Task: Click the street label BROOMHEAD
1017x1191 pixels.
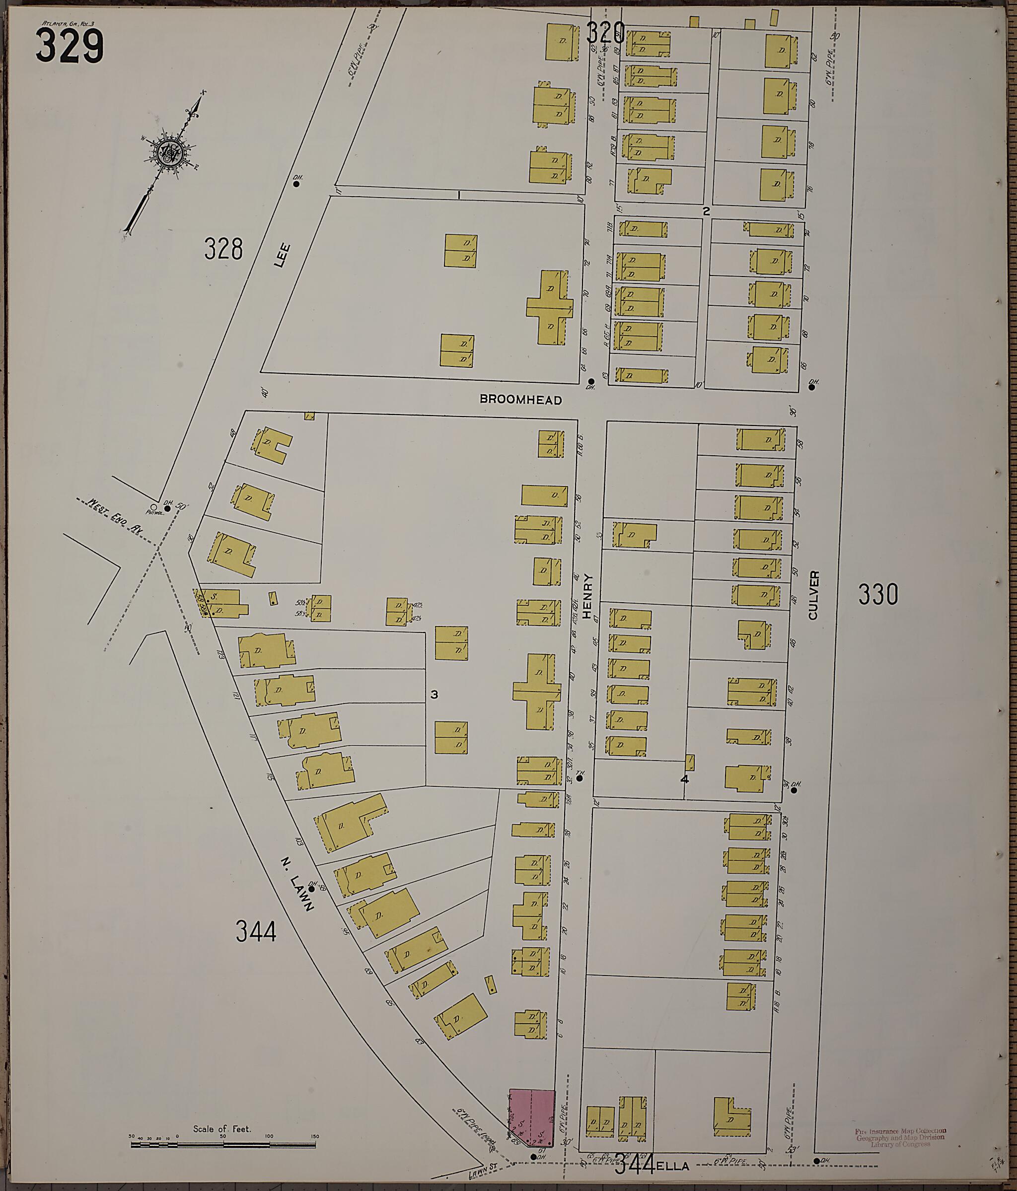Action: [x=520, y=400]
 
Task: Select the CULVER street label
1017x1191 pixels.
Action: [x=813, y=595]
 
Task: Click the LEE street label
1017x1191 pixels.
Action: [x=281, y=256]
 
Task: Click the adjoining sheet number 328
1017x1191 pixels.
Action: [x=223, y=249]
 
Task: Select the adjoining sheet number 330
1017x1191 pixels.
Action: [x=877, y=594]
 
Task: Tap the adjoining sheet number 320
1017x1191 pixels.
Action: [x=605, y=33]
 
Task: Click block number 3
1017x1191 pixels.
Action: [x=434, y=695]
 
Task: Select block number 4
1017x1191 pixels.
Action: [x=684, y=779]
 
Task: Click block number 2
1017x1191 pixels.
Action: [x=707, y=211]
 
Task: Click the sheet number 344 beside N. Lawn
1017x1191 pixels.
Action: [x=256, y=931]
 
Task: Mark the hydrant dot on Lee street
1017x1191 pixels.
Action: [x=296, y=184]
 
